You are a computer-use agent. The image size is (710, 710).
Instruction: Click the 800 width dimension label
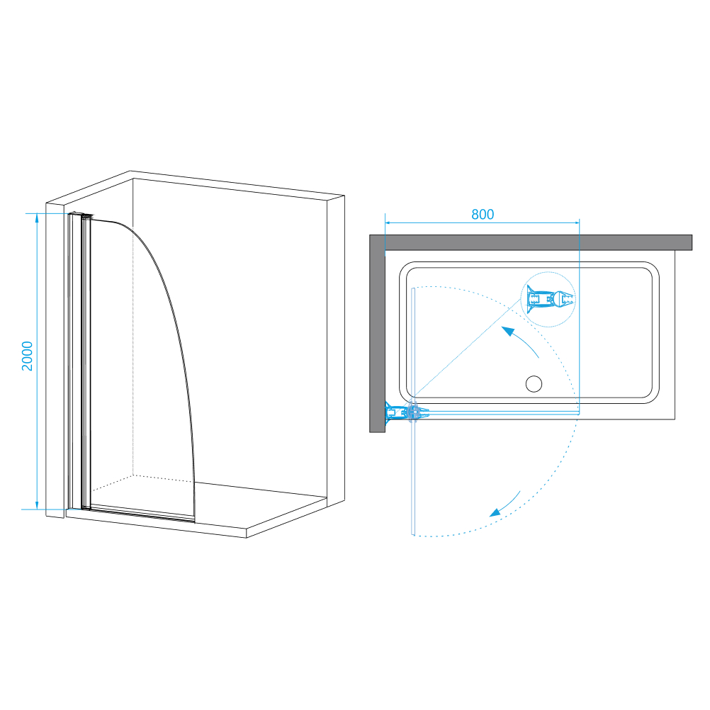point(483,214)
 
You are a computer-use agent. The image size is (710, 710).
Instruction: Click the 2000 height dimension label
point(28,356)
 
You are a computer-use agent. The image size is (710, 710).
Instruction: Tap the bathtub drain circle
point(534,383)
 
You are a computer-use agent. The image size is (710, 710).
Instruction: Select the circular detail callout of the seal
point(548,299)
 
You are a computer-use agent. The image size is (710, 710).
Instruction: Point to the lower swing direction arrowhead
point(495,512)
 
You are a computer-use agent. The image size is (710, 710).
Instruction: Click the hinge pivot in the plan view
point(412,412)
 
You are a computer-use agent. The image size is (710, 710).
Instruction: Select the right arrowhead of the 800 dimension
point(575,222)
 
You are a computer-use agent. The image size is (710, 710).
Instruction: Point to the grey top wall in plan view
point(531,242)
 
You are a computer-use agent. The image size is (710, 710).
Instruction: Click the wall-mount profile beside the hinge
point(394,412)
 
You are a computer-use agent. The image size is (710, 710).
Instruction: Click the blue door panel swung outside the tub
point(413,476)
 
